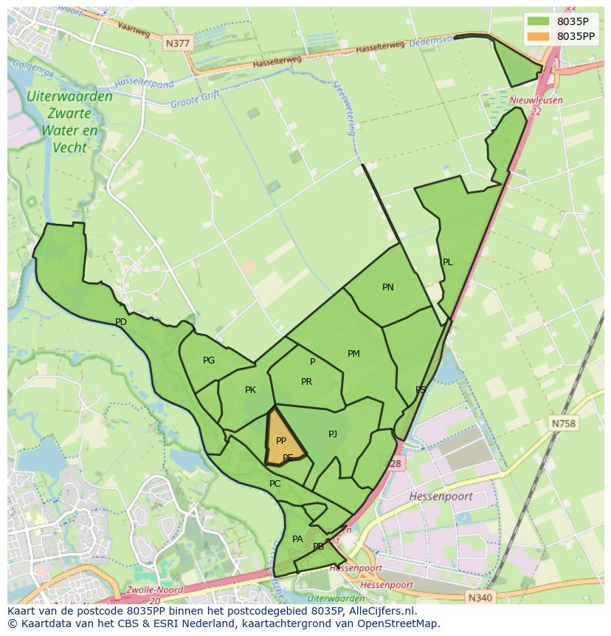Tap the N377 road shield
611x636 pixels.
pyautogui.click(x=178, y=44)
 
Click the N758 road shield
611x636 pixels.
pyautogui.click(x=563, y=423)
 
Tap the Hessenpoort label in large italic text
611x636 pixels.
pyautogui.click(x=441, y=496)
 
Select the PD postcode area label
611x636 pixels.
pyautogui.click(x=121, y=322)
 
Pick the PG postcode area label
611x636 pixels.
pyautogui.click(x=209, y=360)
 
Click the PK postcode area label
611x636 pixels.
pyautogui.click(x=250, y=390)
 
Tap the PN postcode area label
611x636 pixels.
pyautogui.click(x=388, y=287)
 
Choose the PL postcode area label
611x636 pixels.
pyautogui.click(x=447, y=262)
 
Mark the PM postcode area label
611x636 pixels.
pyautogui.click(x=353, y=354)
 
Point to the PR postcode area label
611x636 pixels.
pyautogui.click(x=306, y=382)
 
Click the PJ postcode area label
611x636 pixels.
pyautogui.click(x=333, y=434)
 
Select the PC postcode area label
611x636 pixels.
pyautogui.click(x=275, y=484)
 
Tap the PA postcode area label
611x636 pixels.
pyautogui.click(x=297, y=539)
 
